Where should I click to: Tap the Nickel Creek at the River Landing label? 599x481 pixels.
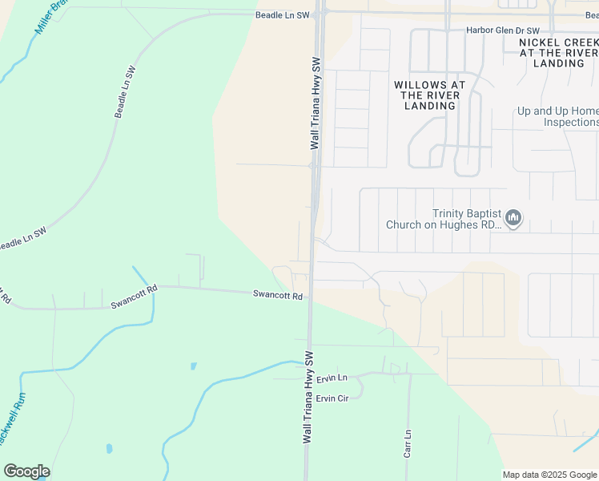558,52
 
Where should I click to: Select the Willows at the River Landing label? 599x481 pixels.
429,95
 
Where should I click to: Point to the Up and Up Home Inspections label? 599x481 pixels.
557,117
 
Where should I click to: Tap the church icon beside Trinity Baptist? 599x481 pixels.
513,218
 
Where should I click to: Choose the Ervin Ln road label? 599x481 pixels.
332,378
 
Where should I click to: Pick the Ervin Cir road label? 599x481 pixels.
332,398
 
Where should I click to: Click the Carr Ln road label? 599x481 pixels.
408,443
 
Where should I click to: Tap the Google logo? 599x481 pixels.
26,471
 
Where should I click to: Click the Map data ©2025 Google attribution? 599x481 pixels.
550,475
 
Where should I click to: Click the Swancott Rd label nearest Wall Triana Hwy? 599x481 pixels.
277,296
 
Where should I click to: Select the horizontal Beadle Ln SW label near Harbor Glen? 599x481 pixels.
282,15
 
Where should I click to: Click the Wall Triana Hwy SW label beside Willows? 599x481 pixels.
316,103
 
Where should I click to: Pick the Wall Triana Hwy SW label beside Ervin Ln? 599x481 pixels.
308,396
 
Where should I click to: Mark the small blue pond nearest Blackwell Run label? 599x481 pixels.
109,448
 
